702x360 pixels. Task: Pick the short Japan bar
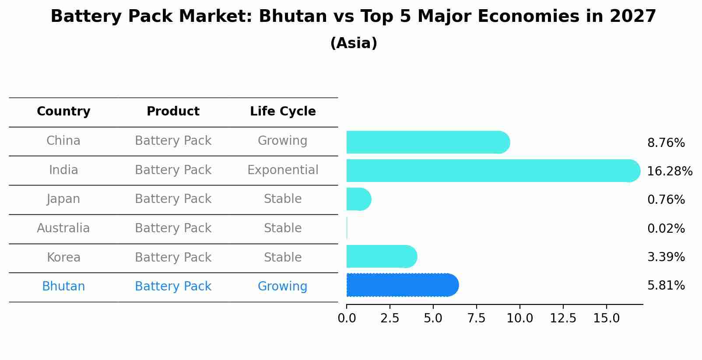358,199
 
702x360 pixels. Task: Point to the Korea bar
381,256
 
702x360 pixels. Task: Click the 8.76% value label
666,143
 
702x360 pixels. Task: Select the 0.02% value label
666,228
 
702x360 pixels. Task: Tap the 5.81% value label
666,286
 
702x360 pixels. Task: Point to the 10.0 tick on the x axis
519,318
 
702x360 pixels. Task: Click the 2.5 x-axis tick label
390,318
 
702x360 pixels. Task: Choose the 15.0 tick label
606,318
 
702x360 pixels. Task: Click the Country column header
63,112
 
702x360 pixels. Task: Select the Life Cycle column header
283,112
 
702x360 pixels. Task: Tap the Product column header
173,112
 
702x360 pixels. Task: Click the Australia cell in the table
63,228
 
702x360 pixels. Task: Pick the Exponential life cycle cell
283,170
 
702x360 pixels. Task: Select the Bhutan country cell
63,287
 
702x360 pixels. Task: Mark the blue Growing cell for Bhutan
283,287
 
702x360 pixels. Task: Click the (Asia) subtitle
354,43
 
